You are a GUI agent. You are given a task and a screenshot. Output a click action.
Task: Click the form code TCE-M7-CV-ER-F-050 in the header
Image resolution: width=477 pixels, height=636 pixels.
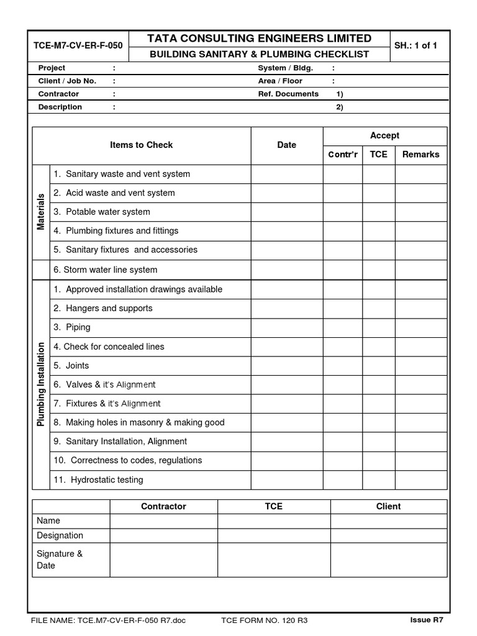point(78,46)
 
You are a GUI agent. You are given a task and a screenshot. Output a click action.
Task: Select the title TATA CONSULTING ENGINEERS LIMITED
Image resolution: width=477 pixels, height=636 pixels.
point(259,39)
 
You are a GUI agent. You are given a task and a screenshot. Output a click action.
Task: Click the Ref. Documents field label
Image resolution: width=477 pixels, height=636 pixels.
point(288,94)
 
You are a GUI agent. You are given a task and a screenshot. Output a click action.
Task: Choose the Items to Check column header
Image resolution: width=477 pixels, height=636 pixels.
point(141,145)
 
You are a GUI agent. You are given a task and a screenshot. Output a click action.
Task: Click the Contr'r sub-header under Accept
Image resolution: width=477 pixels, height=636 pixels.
point(343,155)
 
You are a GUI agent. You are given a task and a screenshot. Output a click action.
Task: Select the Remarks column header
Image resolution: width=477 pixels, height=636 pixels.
point(420,155)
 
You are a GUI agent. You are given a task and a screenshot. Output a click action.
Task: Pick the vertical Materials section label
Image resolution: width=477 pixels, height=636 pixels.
point(41,212)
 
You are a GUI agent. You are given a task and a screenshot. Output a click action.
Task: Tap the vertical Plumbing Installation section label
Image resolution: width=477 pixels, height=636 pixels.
point(41,384)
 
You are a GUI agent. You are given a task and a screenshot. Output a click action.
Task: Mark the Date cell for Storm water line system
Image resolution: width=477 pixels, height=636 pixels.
point(286,270)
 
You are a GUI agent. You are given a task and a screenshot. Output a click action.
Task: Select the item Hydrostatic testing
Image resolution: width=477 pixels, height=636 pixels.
point(106,479)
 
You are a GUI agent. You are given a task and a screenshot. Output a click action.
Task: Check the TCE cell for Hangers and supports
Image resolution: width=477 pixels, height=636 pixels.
point(378,308)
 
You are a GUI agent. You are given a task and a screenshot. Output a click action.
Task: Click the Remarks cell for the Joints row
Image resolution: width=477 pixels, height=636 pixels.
point(420,365)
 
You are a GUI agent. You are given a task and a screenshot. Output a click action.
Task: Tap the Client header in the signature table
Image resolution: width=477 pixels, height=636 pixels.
point(388,506)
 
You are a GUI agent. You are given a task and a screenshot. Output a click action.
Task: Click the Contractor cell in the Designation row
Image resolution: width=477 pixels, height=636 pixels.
point(163,535)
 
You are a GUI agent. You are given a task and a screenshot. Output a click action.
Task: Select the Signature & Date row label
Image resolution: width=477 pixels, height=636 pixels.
point(60,560)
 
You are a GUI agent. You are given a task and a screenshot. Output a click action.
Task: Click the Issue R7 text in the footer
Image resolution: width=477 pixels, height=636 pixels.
point(427,620)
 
